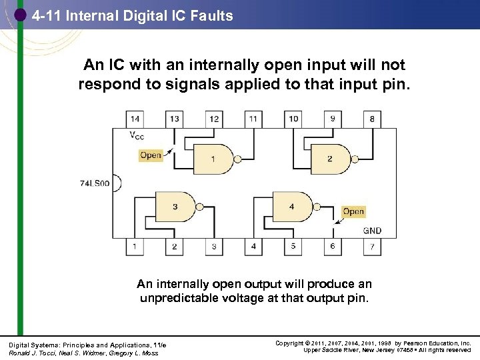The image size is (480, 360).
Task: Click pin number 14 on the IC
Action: [x=135, y=119]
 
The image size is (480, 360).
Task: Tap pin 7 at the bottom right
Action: [x=372, y=247]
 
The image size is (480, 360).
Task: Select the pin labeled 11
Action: [x=253, y=119]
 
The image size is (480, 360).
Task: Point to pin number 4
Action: [x=253, y=247]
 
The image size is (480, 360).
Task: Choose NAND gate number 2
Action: [x=328, y=159]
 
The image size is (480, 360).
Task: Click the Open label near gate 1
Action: [x=151, y=155]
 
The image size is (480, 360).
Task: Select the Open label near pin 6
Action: [x=353, y=212]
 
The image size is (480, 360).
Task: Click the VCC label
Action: [x=136, y=137]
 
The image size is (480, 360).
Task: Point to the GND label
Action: [x=372, y=231]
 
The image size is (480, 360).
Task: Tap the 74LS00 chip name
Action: [x=94, y=183]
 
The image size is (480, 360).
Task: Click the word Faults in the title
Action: [x=210, y=15]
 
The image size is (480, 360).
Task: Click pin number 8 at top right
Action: [x=372, y=119]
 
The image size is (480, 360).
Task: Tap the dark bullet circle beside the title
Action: [x=21, y=15]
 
